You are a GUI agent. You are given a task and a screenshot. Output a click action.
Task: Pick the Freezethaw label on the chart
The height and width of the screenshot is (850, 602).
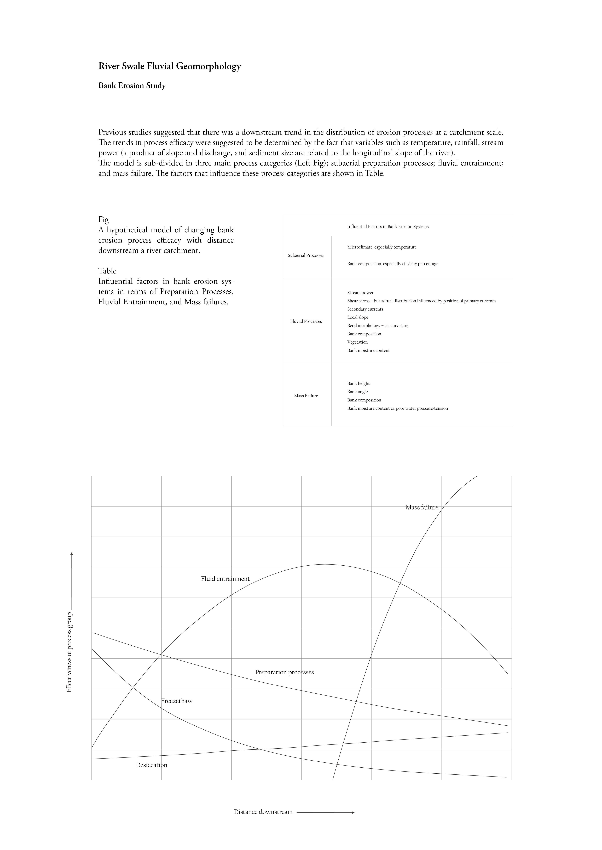(177, 701)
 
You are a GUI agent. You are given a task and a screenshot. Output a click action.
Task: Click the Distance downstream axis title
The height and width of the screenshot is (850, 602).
(263, 812)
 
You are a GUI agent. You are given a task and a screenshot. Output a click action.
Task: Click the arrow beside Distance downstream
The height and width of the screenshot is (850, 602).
(326, 812)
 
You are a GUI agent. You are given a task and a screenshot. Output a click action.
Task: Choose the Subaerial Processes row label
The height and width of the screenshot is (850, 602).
(306, 255)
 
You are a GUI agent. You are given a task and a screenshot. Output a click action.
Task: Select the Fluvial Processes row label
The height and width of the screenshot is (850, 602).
(306, 321)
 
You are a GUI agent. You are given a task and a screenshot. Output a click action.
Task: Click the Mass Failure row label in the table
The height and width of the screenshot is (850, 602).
(306, 396)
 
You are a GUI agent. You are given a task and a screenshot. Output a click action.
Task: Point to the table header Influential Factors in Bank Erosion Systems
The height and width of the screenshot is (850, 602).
(388, 227)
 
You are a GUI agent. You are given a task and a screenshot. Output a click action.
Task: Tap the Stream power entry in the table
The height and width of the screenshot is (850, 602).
(360, 292)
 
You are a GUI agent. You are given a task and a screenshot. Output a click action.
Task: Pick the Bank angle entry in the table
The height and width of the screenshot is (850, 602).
(357, 392)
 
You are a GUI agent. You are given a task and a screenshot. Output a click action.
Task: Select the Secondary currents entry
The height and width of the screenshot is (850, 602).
(365, 309)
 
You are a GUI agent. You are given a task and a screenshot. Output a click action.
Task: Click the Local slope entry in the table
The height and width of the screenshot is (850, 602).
(358, 317)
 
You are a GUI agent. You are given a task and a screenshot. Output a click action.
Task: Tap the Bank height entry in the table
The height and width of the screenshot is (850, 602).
(358, 383)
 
